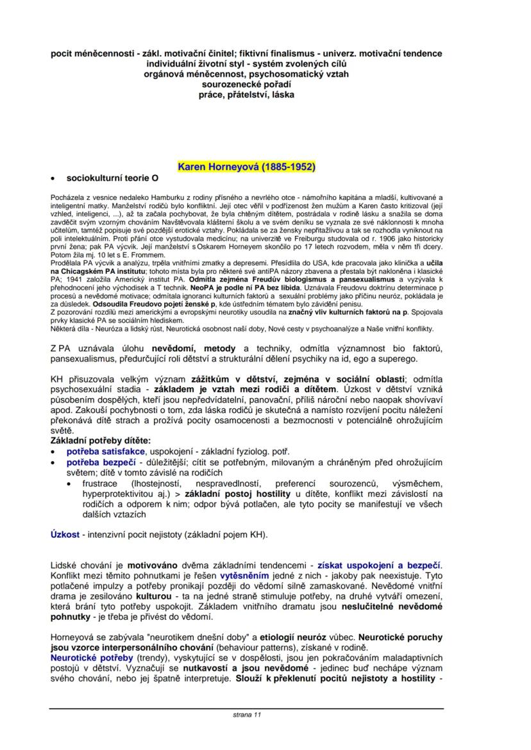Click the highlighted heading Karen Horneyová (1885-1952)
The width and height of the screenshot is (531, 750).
pyautogui.click(x=246, y=167)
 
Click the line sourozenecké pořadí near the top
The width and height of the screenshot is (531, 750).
pyautogui.click(x=246, y=84)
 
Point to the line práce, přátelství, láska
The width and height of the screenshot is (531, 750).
pyautogui.click(x=246, y=94)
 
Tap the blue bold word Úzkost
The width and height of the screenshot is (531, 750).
pyautogui.click(x=65, y=534)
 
